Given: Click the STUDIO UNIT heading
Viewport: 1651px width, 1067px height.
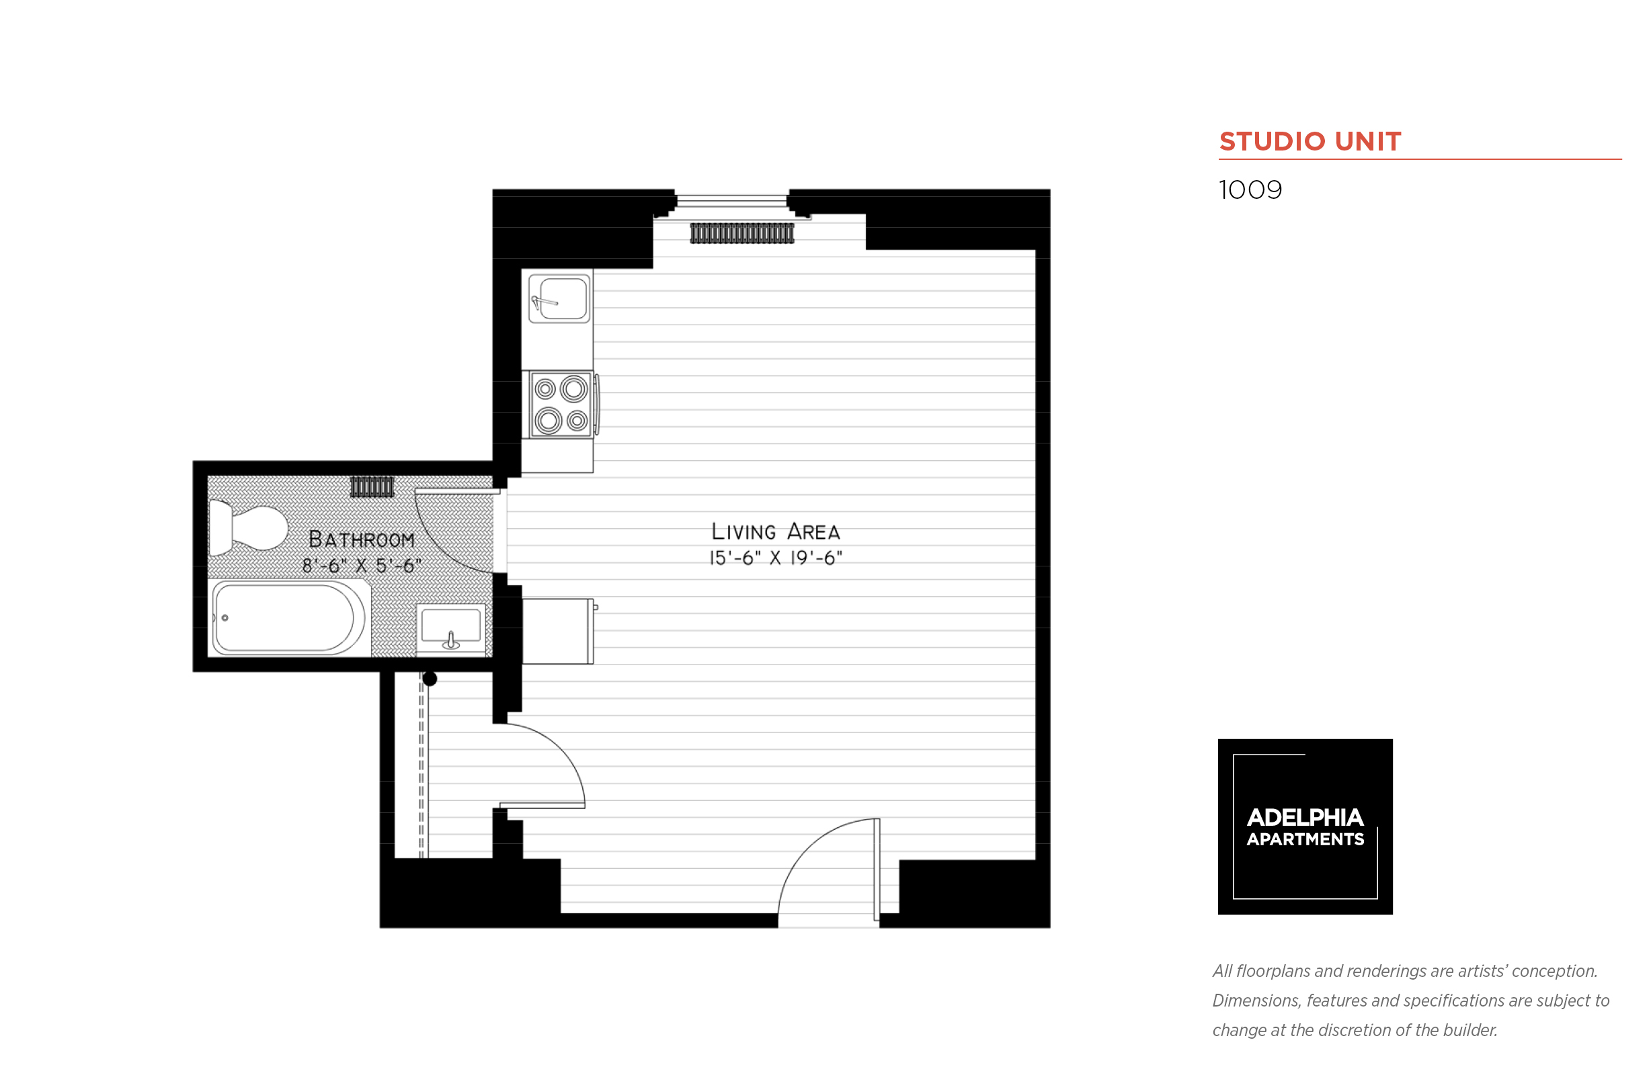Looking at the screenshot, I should tap(1310, 141).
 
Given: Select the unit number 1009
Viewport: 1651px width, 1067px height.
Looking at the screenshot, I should tap(1250, 190).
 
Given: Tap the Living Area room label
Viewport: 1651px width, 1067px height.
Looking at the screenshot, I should tap(775, 531).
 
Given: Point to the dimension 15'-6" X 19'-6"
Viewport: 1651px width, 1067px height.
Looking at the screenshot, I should tap(775, 558).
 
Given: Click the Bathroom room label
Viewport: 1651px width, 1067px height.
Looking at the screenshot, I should tap(361, 539).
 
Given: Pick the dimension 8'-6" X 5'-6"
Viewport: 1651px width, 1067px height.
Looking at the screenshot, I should tap(361, 565).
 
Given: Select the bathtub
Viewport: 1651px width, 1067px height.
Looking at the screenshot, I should tap(288, 617).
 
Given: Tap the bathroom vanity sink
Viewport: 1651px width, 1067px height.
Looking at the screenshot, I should tap(450, 627).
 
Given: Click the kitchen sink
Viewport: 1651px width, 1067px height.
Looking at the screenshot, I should tap(559, 299).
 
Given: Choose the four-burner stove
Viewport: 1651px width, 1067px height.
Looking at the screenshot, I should tap(560, 404).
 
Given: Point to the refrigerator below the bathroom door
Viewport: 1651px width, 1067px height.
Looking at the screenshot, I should tap(557, 631).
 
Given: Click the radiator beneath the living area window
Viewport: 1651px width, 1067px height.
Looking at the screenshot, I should tap(741, 234).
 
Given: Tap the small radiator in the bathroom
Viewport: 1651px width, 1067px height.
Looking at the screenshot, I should tap(372, 487).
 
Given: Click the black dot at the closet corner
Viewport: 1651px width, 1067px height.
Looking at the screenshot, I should tap(430, 679).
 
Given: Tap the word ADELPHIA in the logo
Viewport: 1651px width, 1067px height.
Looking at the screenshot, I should tap(1304, 818).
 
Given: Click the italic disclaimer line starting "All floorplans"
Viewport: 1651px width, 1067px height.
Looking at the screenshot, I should tap(1404, 971).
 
